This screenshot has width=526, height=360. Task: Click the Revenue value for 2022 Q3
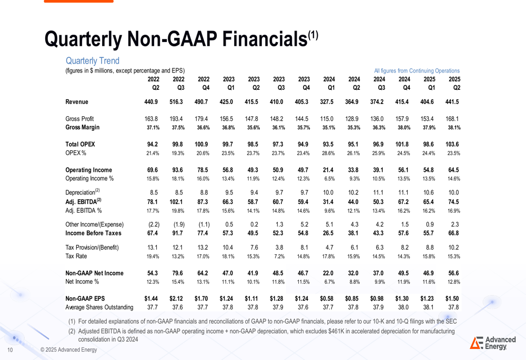(x=176, y=101)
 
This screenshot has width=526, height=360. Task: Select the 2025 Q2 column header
(x=454, y=84)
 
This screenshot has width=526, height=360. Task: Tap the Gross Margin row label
(x=83, y=127)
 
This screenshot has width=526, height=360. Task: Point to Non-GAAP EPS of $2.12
(x=176, y=299)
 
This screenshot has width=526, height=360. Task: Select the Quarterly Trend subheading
(x=93, y=60)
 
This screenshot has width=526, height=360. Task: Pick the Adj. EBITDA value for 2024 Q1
(x=328, y=202)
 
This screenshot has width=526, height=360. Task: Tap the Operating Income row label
(x=88, y=170)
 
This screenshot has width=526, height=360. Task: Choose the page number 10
(x=10, y=350)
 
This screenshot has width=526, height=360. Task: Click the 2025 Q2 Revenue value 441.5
(x=452, y=101)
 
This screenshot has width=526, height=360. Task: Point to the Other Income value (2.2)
(x=154, y=224)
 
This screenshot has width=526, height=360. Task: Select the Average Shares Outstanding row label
(x=99, y=307)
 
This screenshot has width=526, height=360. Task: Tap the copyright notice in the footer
(x=68, y=349)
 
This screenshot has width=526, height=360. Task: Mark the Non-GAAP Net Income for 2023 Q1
(x=227, y=273)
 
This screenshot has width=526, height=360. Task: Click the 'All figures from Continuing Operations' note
(x=417, y=71)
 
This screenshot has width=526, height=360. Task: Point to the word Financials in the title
(x=265, y=39)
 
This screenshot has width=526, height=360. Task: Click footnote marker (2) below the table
(x=72, y=331)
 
